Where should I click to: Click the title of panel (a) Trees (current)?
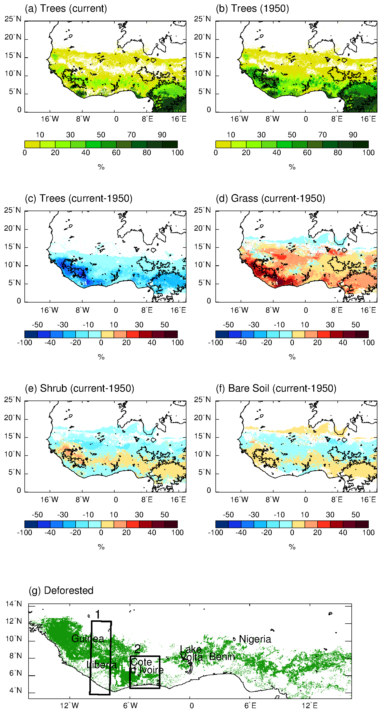(66, 9)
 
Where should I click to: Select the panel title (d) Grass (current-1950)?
(270, 198)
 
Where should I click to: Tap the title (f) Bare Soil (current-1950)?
(276, 388)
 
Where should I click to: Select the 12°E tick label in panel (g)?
(310, 706)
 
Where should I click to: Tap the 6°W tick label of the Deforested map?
(130, 706)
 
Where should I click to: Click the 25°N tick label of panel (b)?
(202, 19)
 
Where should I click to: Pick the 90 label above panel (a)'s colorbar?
(162, 135)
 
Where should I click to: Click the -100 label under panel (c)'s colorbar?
(25, 343)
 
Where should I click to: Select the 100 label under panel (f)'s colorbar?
(369, 532)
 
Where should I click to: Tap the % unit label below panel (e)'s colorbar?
(101, 547)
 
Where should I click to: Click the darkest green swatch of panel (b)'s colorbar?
(361, 144)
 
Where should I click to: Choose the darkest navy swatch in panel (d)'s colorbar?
(222, 334)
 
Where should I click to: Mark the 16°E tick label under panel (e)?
(178, 500)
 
